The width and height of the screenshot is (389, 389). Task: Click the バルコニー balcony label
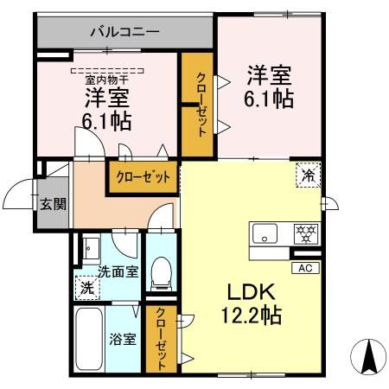pos(125,33)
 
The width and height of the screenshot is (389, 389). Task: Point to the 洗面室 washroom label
pos(117,271)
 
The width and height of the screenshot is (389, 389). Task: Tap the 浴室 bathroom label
pos(122,339)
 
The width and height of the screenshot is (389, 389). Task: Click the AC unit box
pos(305,269)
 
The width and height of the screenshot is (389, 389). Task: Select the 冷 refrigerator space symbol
pos(309,175)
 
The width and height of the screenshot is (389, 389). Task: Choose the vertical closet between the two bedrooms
pos(197,105)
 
